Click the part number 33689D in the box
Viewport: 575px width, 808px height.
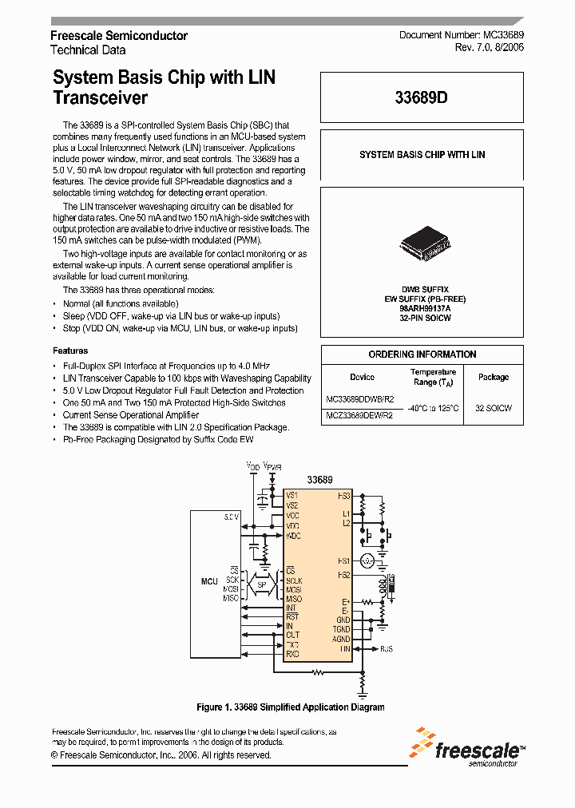(421, 98)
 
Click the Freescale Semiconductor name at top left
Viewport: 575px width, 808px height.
(119, 36)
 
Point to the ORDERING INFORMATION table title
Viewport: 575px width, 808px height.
(422, 354)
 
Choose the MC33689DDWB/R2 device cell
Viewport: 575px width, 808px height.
(359, 398)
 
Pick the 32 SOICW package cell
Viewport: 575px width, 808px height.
(494, 408)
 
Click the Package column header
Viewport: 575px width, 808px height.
(494, 377)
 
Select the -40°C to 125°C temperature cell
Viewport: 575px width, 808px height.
(434, 408)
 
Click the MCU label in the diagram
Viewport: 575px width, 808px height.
(209, 581)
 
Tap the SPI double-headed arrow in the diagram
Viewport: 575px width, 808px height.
(261, 584)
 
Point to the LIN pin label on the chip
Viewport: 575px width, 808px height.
(345, 649)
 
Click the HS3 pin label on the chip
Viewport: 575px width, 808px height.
(344, 496)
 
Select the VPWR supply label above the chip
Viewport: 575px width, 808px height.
(273, 467)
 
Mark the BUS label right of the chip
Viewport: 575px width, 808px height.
(387, 649)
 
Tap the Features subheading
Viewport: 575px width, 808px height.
(70, 351)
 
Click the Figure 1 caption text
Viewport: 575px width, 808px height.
(291, 707)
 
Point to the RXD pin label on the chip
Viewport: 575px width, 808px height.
(293, 655)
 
